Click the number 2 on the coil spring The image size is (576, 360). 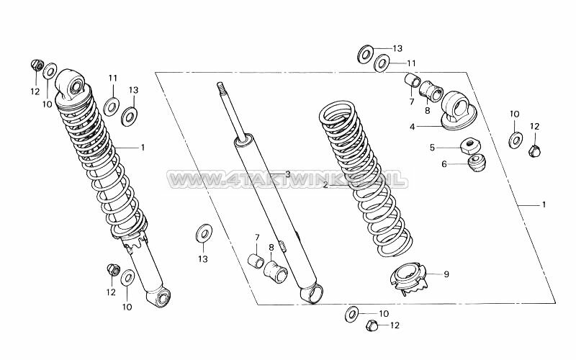tap(326, 185)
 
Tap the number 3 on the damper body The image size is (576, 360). tap(287, 174)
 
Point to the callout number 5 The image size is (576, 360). tap(433, 148)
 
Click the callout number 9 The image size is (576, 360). tap(446, 274)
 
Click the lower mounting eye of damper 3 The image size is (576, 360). tap(312, 292)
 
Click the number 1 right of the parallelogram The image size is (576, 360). tap(544, 204)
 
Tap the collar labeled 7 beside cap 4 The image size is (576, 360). tap(412, 81)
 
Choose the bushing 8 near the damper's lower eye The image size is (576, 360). tap(276, 271)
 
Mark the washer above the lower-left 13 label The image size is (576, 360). tap(204, 233)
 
